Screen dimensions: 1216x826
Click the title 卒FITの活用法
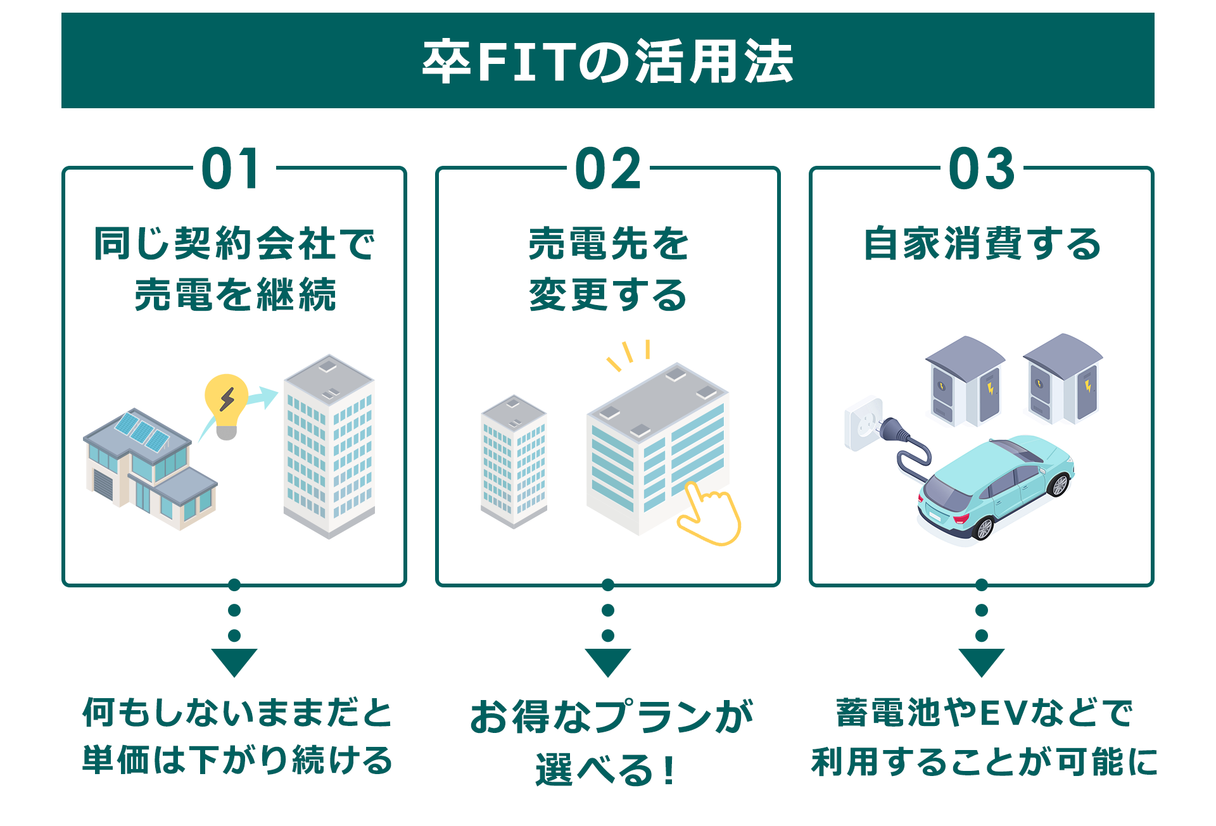tap(607, 61)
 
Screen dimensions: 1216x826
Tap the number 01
tap(231, 168)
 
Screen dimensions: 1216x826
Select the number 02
tap(608, 168)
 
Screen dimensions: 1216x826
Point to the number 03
tap(982, 168)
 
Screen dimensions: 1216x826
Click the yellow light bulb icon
tap(226, 406)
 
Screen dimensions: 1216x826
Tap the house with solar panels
tap(150, 469)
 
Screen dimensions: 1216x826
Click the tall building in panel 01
tap(329, 446)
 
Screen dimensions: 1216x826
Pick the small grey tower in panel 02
tap(514, 461)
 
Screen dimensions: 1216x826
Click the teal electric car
tap(996, 487)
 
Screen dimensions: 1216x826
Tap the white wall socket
tap(863, 423)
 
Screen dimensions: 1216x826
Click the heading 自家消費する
tap(982, 244)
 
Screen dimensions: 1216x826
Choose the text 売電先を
tap(608, 244)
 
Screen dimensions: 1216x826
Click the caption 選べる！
tap(607, 770)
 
